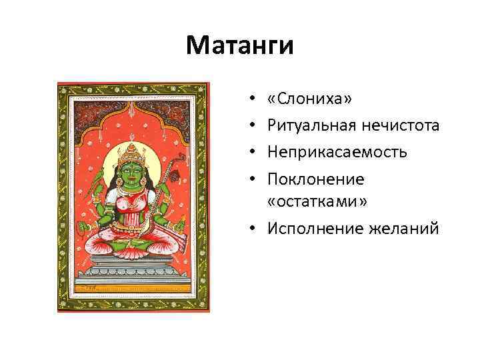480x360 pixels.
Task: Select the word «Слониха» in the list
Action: [309, 99]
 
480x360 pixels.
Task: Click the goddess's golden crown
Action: [133, 149]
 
